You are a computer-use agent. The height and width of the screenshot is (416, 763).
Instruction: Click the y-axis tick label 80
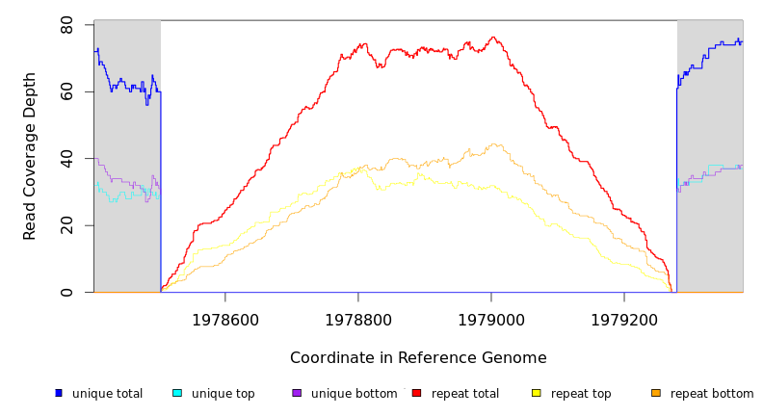[x=66, y=25]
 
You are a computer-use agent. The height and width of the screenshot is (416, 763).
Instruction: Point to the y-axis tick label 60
[x=66, y=91]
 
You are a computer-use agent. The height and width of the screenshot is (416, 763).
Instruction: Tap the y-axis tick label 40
[x=66, y=158]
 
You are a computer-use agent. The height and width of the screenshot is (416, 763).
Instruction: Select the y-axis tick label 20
[x=66, y=225]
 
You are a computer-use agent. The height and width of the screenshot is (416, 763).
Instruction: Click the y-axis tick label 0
[x=66, y=292]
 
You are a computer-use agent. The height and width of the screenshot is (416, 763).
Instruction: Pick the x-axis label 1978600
[x=225, y=320]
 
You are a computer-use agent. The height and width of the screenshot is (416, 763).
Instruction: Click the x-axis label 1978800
[x=358, y=320]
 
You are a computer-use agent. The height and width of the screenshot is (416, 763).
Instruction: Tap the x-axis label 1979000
[x=491, y=320]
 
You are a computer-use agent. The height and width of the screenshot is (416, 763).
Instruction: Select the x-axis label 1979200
[x=624, y=320]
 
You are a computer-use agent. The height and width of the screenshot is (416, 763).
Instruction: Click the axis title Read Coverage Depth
[x=30, y=156]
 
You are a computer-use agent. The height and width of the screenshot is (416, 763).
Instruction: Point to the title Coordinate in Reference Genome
[x=418, y=358]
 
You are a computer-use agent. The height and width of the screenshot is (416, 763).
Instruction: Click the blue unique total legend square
[x=59, y=393]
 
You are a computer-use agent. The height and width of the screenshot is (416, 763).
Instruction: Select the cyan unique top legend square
[x=177, y=393]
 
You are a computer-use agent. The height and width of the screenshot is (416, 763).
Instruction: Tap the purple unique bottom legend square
[x=297, y=393]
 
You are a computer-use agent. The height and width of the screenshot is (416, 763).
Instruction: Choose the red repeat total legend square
[x=416, y=393]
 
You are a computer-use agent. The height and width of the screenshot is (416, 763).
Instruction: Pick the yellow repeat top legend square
[x=537, y=393]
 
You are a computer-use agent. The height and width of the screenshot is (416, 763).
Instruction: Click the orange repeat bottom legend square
[x=656, y=393]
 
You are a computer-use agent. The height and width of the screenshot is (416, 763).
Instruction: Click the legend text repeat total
[x=465, y=394]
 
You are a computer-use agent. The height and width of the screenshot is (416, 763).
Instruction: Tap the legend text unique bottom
[x=354, y=394]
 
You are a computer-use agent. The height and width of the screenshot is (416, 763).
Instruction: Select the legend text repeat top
[x=581, y=394]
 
